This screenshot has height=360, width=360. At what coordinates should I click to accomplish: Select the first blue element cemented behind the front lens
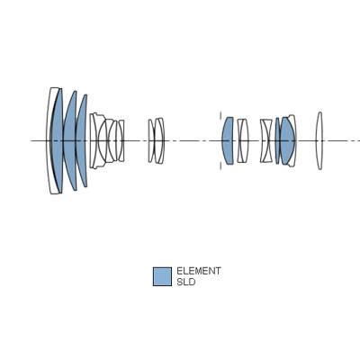57,140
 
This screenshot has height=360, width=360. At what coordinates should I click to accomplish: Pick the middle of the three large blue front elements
69,140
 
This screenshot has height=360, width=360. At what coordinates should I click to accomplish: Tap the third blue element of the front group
81,140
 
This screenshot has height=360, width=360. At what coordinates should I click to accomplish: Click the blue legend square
162,276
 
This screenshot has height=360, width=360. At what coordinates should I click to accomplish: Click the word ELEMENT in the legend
199,271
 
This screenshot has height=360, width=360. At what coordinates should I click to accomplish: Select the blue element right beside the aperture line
228,140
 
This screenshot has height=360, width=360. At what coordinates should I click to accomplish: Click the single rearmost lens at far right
319,140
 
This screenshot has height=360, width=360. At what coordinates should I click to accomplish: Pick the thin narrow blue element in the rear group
277,140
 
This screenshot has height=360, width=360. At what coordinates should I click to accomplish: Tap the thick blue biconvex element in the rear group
287,140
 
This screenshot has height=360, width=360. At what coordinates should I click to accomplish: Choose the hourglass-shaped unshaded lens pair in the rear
266,140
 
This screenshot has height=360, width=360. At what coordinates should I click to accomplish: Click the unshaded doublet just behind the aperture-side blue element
243,140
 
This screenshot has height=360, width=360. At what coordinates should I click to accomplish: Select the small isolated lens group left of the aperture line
156,140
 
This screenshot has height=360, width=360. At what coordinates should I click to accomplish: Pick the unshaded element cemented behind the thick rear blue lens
292,140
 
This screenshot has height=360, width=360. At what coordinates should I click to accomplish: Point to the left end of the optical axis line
31,140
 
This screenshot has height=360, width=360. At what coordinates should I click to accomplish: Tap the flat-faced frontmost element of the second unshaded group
94,140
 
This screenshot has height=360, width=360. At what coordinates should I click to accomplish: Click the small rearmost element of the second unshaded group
121,140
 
